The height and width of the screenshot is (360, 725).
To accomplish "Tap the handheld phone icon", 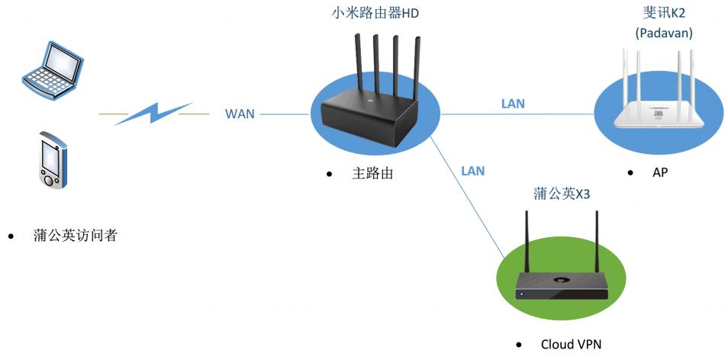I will point(52,160).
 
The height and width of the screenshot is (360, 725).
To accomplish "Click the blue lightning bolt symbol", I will point(153,114).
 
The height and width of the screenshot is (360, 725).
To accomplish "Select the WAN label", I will point(240,114).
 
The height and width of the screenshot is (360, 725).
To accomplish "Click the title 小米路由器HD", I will point(375,13).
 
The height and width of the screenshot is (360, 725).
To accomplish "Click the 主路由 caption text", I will point(372,173).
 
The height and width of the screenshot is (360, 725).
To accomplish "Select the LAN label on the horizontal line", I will point(513,104).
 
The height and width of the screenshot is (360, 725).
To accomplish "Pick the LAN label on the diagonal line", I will point(472,171).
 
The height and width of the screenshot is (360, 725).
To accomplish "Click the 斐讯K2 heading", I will point(664,13).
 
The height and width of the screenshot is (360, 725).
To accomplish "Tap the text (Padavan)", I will point(664,34).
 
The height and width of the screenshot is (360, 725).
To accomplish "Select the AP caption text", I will point(660,173).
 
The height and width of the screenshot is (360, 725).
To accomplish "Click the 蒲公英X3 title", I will point(562,194).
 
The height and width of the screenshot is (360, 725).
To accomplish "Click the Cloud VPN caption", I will point(571,344).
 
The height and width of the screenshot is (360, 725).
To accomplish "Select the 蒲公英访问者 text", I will point(75,236).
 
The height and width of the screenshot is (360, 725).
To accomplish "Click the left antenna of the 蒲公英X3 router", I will point(527,236).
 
